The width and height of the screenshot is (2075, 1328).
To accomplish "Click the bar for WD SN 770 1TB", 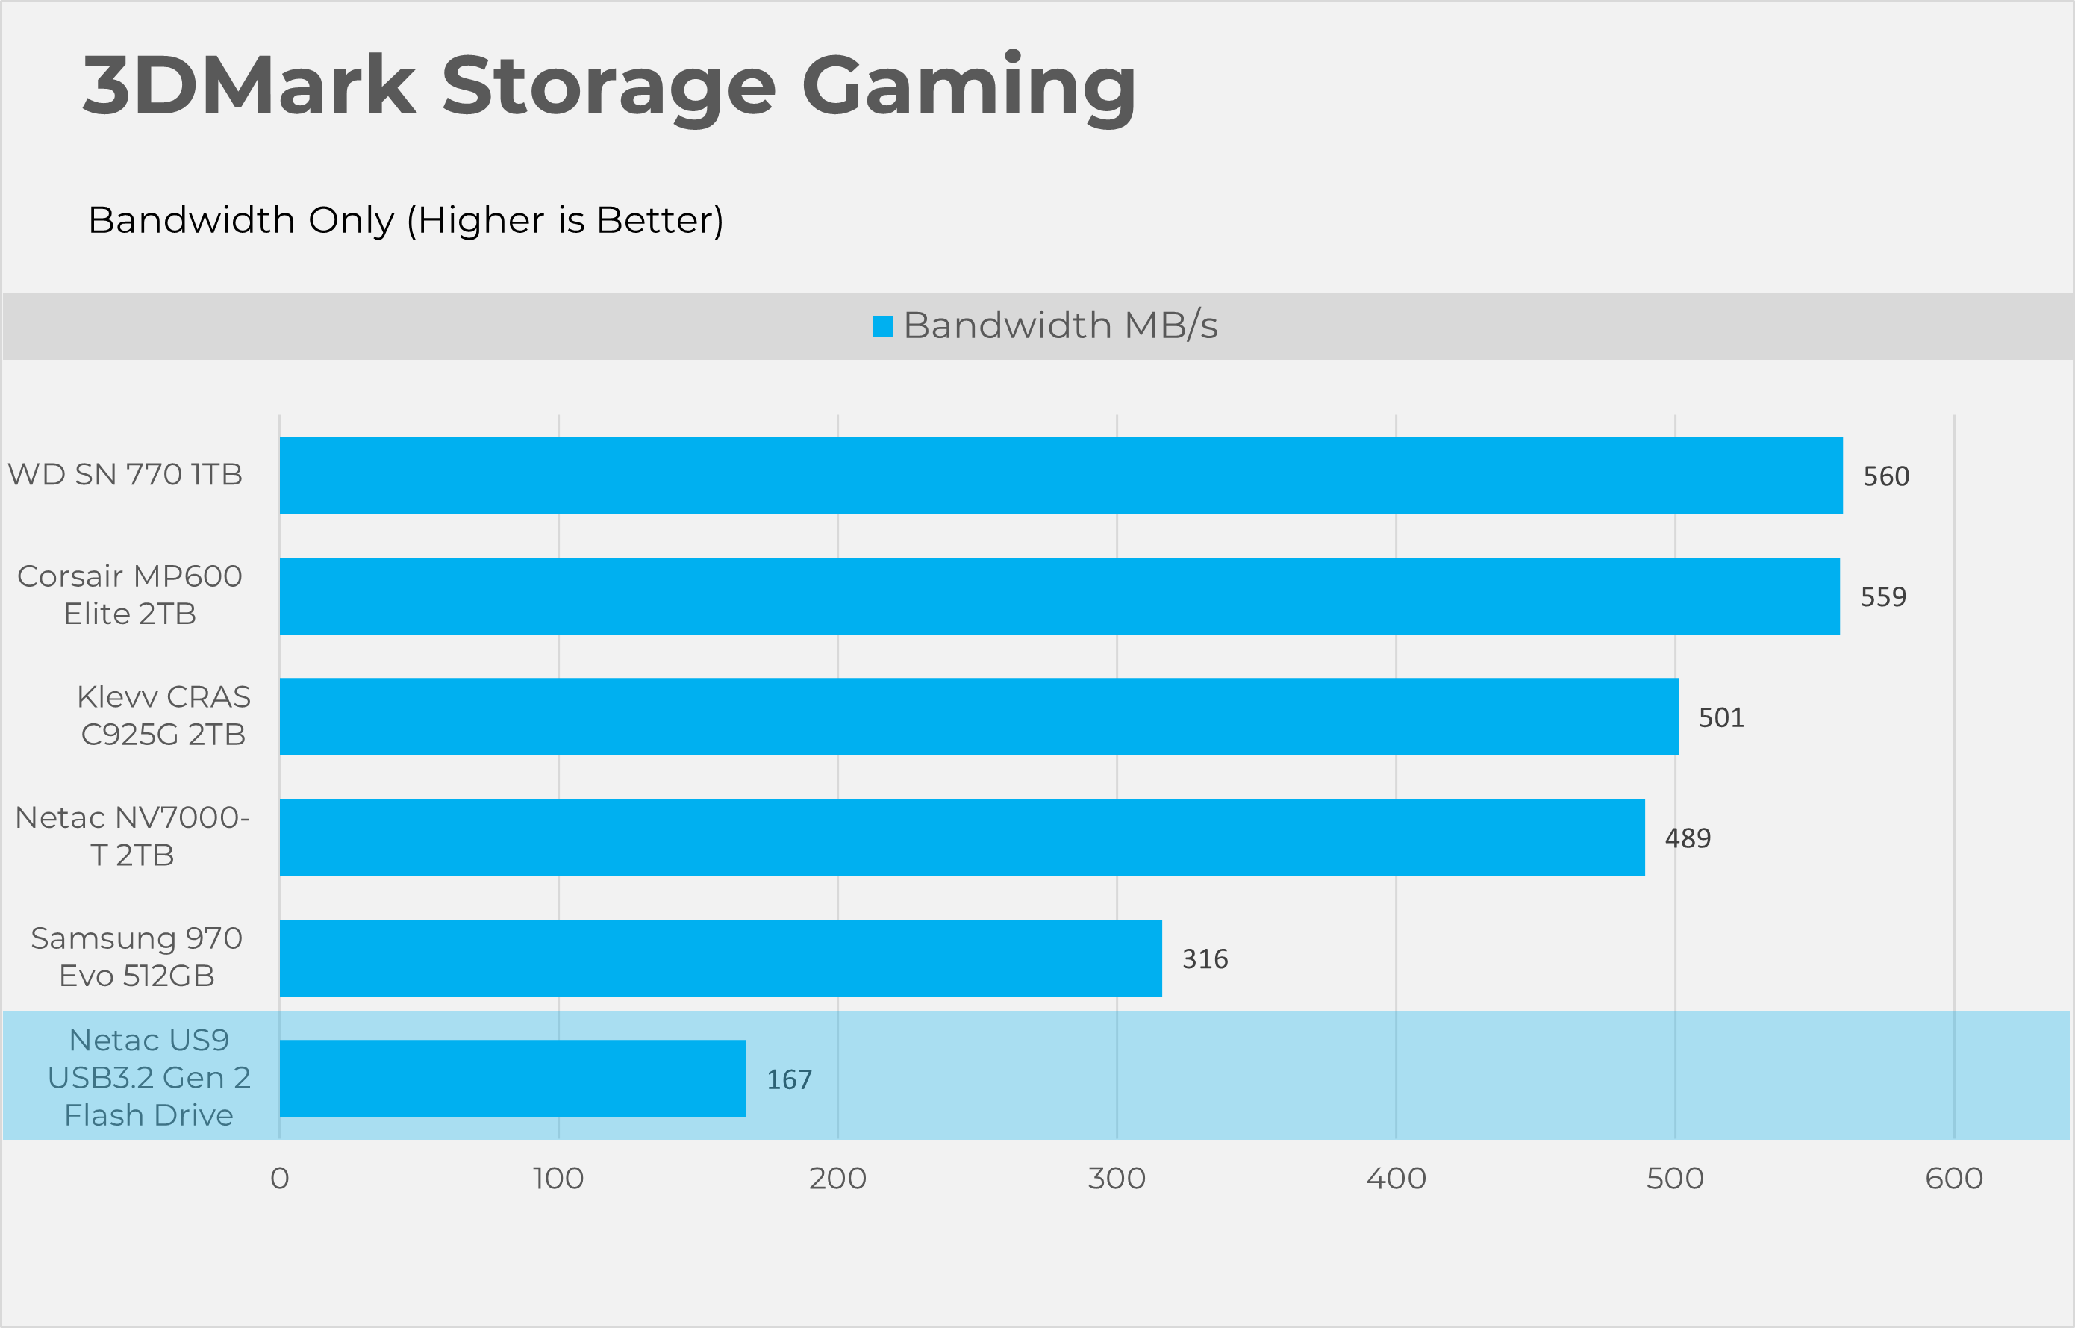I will click(1061, 476).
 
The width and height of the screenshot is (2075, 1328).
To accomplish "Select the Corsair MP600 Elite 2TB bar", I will click(1058, 596).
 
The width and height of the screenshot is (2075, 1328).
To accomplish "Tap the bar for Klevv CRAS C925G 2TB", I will click(979, 717).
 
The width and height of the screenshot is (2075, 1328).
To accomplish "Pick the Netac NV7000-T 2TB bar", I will click(961, 838).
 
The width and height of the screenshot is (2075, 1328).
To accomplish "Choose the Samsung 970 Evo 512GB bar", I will click(720, 958).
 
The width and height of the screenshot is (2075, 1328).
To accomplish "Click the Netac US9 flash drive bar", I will click(512, 1079).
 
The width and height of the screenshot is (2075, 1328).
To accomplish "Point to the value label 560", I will click(1886, 476).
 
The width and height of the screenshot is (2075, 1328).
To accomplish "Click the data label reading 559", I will click(1882, 596).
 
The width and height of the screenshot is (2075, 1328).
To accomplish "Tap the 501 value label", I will click(1720, 717).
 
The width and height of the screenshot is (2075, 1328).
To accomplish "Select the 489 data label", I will click(1687, 838).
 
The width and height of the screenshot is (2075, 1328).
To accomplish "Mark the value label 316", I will click(1204, 959).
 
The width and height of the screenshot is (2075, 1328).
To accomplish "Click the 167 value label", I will click(789, 1079).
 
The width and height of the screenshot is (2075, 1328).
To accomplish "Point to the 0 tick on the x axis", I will click(279, 1179).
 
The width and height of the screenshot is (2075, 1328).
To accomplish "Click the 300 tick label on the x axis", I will click(1117, 1179).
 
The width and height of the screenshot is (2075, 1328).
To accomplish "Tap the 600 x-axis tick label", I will click(1953, 1179).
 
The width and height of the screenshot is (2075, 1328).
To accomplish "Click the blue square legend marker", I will click(883, 326).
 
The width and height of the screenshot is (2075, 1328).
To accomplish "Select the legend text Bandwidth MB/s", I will click(1061, 326).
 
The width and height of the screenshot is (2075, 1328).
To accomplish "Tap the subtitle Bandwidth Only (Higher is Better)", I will click(405, 221).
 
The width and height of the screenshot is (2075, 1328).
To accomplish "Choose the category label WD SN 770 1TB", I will click(125, 474).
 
